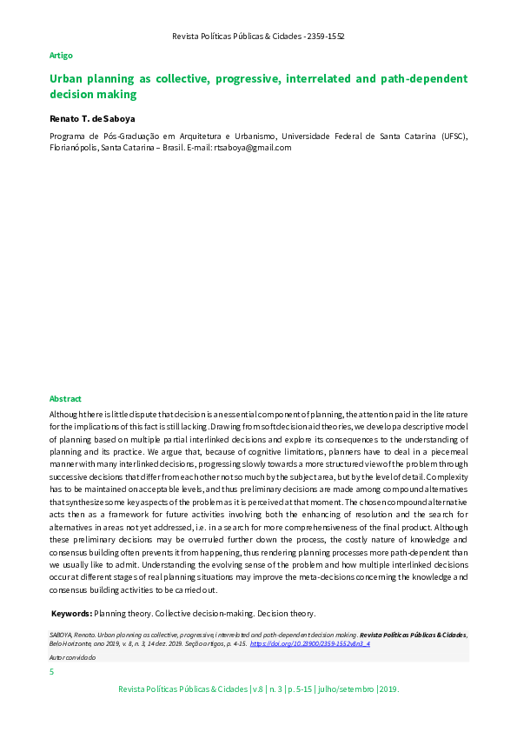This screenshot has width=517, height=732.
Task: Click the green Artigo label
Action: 61,55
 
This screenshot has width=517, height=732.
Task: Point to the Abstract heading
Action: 65,398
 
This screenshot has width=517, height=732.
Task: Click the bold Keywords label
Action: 71,613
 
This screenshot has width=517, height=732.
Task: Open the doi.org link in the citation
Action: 309,644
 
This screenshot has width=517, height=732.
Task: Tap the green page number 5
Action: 52,672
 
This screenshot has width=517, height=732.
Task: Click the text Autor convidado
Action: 73,657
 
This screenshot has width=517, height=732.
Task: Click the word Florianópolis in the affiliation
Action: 73,148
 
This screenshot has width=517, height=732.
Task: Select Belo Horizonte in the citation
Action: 73,644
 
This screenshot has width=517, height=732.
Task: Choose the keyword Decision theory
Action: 286,613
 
